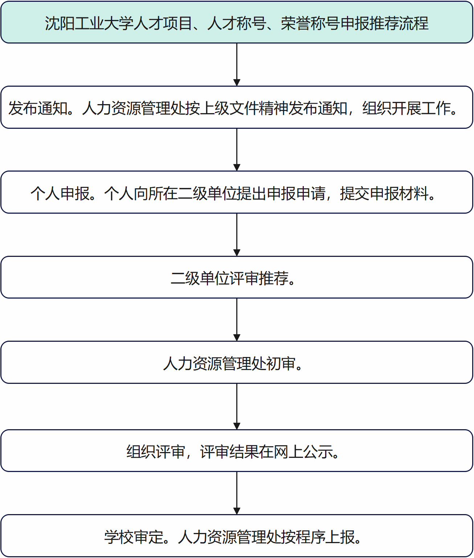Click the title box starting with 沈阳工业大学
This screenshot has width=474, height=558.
click(237, 22)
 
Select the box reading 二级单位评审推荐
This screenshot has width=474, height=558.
click(237, 277)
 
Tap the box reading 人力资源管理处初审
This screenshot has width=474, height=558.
click(237, 362)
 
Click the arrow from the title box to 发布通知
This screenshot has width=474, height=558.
click(237, 65)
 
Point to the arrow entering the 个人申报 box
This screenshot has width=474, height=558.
click(237, 149)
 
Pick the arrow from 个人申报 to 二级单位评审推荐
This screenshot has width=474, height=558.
click(237, 235)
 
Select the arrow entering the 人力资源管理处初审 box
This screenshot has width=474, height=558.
click(237, 320)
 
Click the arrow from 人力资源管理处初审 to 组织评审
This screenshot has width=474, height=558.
click(237, 407)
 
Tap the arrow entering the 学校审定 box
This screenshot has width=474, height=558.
click(237, 493)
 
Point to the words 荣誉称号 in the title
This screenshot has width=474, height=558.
click(310, 23)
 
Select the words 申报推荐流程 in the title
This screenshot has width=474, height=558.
click(384, 23)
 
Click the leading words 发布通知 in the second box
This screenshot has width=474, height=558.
click(38, 108)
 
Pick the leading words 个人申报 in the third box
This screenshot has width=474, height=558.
click(60, 193)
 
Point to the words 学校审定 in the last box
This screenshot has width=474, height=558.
click(134, 537)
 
